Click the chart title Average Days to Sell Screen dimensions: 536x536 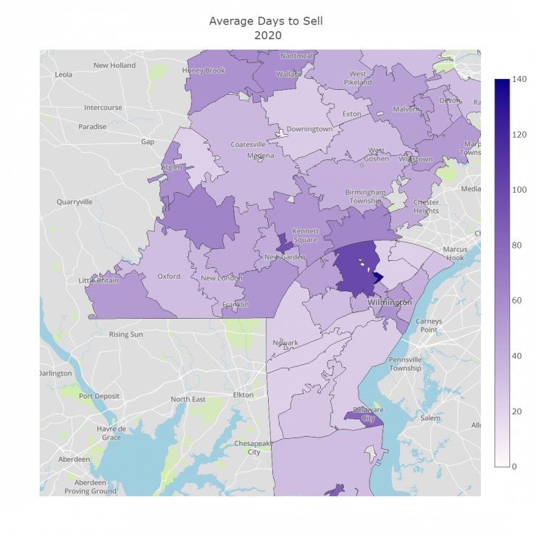266,21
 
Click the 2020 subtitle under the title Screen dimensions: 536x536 266,35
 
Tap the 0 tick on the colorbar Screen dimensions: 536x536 514,466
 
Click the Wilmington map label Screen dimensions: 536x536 389,302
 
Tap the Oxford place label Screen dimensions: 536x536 169,276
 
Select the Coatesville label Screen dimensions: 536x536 248,144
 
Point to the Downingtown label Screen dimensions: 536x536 309,129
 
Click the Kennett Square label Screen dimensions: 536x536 305,235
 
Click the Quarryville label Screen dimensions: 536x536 75,202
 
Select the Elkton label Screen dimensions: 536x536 243,395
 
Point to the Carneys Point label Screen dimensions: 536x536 430,325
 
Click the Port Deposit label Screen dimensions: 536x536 99,396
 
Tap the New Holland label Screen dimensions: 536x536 114,65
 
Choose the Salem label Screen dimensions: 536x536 430,418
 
